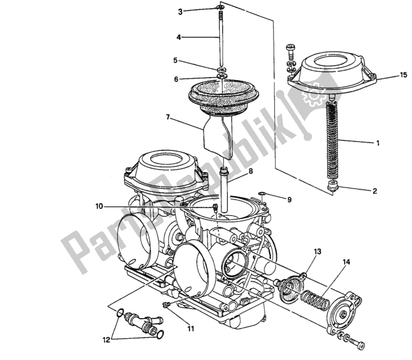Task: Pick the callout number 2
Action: (x=375, y=191)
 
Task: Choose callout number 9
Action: (x=289, y=199)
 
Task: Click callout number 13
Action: (x=318, y=251)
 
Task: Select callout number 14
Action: (x=346, y=263)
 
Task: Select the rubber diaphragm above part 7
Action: (x=222, y=96)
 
